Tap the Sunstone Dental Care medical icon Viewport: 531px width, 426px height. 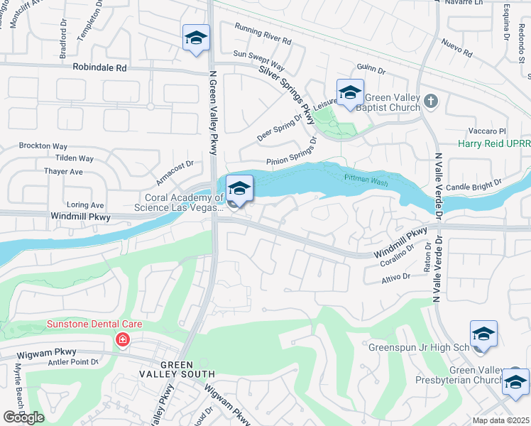123,341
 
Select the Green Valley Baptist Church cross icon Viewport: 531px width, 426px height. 431,102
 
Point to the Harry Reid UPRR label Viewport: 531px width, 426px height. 494,143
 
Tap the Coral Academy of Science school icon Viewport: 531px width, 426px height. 240,190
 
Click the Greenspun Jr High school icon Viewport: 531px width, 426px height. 483,334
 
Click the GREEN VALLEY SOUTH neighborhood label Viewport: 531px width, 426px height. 178,368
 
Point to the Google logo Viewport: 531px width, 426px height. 23,417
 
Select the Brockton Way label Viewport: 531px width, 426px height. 43,146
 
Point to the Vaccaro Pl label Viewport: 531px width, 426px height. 486,131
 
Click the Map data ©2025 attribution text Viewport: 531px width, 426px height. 500,420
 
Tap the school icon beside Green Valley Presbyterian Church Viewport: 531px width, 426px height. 515,383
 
